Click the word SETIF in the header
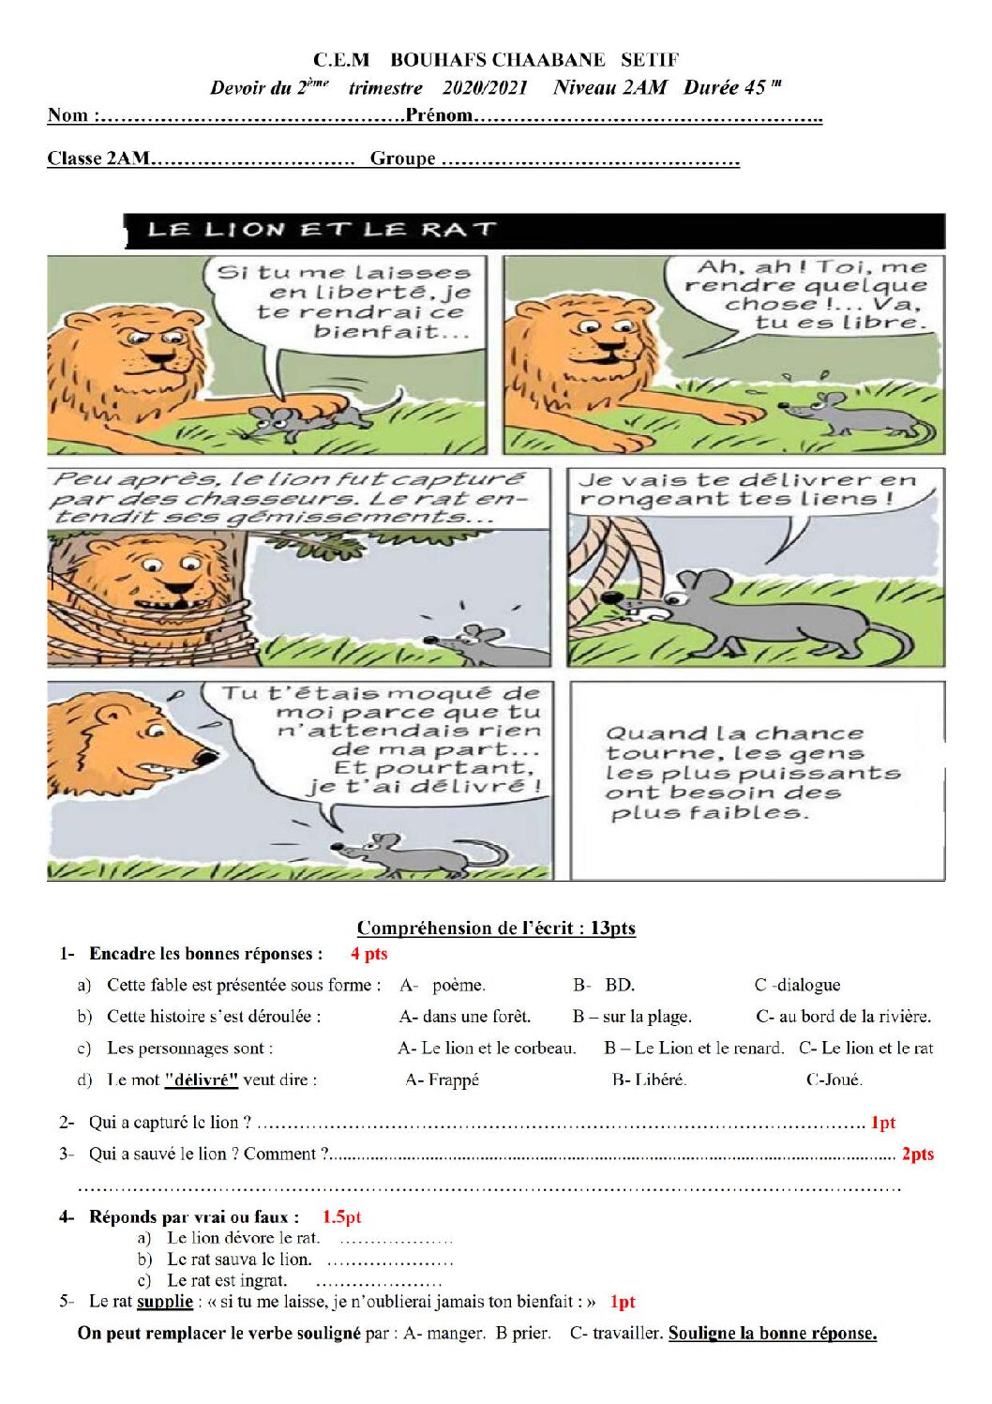coord(650,59)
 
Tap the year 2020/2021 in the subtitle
coord(485,88)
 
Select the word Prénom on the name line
coord(440,114)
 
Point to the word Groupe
coord(402,159)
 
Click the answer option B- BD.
coord(604,985)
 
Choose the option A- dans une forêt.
coord(464,1016)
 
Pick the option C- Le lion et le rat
coord(866,1048)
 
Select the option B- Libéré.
coord(649,1079)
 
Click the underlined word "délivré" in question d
coord(202,1079)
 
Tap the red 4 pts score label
coord(369,953)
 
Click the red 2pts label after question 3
coord(917,1154)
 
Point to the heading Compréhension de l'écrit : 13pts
coord(496,928)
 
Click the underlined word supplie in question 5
coord(165,1301)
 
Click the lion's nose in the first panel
coord(162,358)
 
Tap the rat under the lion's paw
coord(313,419)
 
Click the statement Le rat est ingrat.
coord(227,1280)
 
